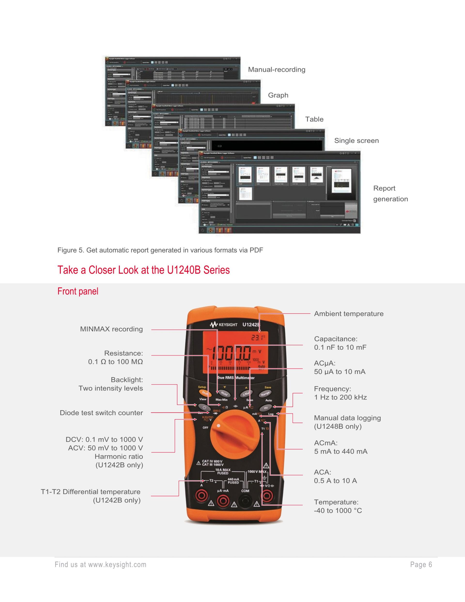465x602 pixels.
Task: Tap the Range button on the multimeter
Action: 265,394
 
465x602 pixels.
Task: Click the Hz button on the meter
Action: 266,408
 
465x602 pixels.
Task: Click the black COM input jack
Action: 245,502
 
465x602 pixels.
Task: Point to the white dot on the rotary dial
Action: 218,426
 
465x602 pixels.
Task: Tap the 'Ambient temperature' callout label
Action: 349,314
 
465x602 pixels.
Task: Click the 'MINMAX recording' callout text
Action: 111,329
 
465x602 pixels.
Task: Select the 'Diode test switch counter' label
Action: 101,413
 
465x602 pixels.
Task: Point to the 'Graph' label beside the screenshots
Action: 278,95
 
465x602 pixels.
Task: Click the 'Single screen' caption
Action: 356,141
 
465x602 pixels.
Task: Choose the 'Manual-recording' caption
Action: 277,70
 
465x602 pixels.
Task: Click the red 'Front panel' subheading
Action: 78,291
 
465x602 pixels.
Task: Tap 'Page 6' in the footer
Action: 421,565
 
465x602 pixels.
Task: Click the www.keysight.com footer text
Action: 117,565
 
